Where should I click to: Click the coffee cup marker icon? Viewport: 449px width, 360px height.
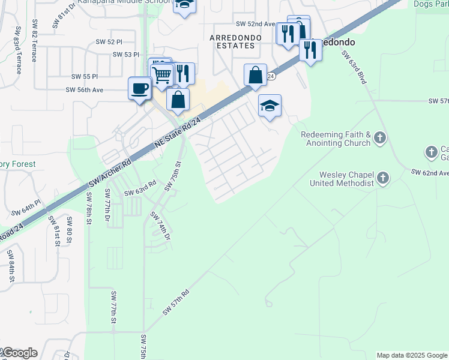pos(139,89)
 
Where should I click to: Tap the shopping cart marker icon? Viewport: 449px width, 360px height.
pos(161,75)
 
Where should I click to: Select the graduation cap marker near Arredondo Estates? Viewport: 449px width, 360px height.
pos(270,106)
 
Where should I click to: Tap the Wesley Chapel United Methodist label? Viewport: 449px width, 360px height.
pos(342,178)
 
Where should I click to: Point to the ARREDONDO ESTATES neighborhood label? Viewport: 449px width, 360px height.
pos(235,41)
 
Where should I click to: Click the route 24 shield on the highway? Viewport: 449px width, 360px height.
pos(271,77)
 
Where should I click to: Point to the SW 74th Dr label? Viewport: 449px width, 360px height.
pos(160,227)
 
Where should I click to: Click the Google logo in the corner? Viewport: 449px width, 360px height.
pos(19,353)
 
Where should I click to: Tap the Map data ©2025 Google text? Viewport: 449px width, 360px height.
pos(412,355)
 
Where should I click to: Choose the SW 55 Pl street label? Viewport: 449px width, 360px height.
pos(84,77)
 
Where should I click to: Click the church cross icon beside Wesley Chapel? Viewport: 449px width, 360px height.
pos(383,178)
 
